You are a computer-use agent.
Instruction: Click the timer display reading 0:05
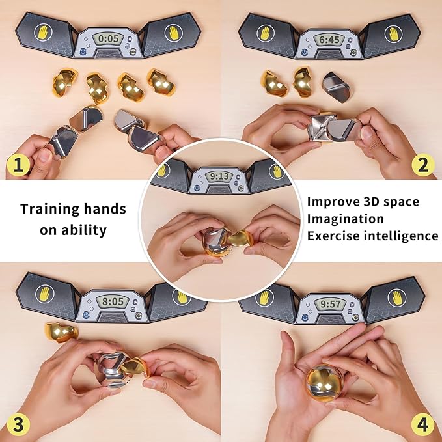tap(108, 38)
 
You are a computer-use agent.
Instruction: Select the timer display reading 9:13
tap(219, 177)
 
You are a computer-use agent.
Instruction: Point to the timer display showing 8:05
tap(113, 301)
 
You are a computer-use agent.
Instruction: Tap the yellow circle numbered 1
tap(18, 165)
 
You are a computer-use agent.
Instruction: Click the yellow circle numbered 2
tap(423, 165)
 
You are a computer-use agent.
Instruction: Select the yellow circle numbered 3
tap(18, 424)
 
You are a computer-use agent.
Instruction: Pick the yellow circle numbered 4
tap(423, 424)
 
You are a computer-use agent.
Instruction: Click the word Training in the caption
tap(50, 210)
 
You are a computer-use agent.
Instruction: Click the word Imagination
tap(345, 219)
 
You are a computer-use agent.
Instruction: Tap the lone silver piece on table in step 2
tap(337, 87)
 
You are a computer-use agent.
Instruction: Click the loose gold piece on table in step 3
tap(62, 332)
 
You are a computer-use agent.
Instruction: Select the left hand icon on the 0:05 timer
tap(43, 32)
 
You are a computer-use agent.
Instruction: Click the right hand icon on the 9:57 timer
tap(397, 298)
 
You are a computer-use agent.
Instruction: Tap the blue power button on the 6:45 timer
tap(305, 52)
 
